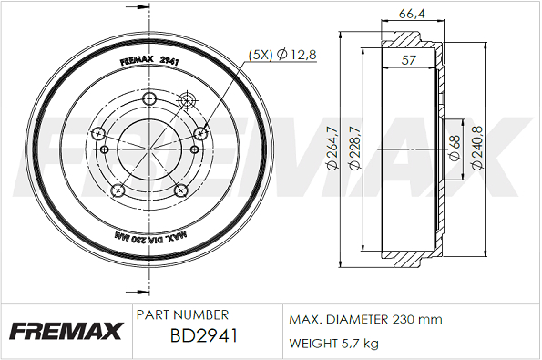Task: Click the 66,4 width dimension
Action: tap(412, 15)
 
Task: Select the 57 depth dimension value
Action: tap(408, 60)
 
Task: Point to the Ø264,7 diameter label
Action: tap(332, 149)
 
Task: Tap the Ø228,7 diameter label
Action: tap(355, 149)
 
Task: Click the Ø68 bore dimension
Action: tap(455, 148)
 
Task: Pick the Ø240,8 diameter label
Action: tap(477, 148)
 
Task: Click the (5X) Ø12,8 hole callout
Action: tap(282, 55)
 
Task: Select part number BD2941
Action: tap(204, 335)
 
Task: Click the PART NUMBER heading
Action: tap(182, 315)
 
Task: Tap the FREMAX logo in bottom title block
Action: tap(66, 331)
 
